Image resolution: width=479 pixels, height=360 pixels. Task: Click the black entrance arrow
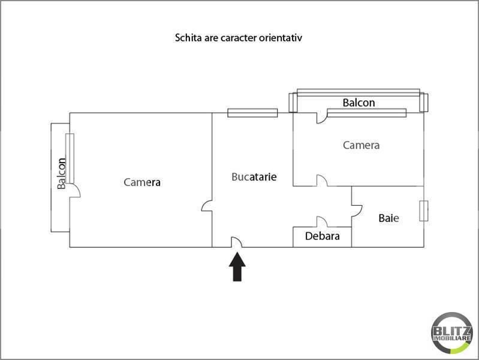point(238,267)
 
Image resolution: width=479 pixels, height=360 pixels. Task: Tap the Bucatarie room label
point(254,177)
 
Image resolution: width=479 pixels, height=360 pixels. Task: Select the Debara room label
point(322,236)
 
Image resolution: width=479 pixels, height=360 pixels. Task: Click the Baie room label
point(388,218)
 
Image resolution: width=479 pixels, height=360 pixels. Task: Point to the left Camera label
point(142,182)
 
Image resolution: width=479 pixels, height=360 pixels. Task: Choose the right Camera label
point(361,145)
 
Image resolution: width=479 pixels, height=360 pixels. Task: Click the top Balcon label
point(359,103)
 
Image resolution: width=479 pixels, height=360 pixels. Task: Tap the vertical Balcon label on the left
point(62,173)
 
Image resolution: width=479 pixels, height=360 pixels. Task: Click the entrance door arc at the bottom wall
point(237,242)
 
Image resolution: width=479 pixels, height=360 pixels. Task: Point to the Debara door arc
point(321,222)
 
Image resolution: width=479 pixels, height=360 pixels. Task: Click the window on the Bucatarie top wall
point(252,112)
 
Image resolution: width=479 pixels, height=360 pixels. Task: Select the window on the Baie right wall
point(424,211)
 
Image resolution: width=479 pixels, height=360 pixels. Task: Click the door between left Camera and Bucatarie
point(207,206)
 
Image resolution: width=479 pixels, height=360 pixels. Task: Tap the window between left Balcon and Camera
point(70,158)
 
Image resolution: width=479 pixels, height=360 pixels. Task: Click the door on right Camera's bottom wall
point(322,181)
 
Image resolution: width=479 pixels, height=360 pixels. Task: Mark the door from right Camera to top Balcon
point(322,118)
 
